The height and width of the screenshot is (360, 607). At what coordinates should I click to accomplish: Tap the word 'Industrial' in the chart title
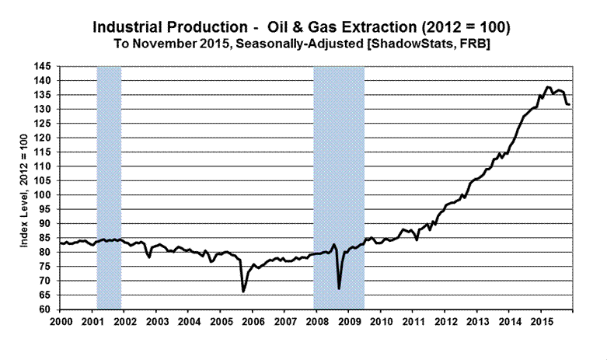tap(129, 26)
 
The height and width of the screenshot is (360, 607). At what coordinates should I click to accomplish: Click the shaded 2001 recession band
tap(109, 187)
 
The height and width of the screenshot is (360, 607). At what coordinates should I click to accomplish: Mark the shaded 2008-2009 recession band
tap(339, 187)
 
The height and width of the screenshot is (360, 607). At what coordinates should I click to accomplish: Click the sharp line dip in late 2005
tap(243, 292)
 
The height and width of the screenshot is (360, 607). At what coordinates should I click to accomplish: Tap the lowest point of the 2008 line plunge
tap(339, 288)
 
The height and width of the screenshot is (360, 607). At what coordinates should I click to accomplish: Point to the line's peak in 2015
tap(548, 87)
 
